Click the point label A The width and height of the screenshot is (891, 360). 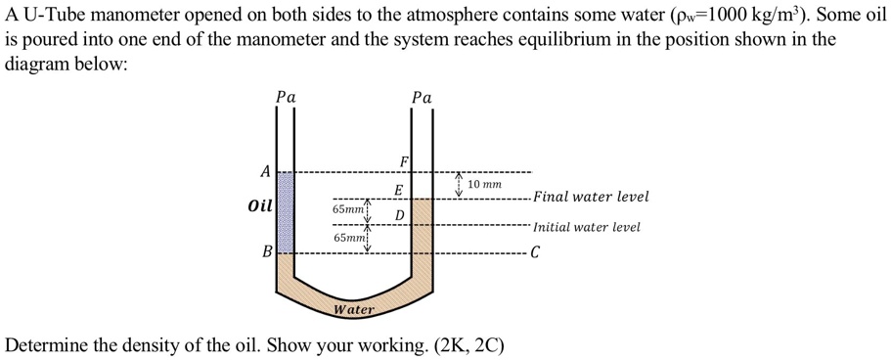264,171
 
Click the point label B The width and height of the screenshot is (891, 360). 265,251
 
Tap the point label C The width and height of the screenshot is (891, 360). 536,255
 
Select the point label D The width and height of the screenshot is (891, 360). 400,214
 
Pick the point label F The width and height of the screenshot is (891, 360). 403,161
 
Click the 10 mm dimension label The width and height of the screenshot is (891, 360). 484,184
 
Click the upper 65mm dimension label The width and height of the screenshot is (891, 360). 348,209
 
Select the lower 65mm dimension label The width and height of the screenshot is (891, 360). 348,238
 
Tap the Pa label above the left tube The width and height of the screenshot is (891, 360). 286,97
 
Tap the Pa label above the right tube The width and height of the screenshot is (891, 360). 422,97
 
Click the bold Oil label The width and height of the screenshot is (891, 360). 260,207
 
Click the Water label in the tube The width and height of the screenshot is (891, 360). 354,309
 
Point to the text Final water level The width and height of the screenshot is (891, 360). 591,197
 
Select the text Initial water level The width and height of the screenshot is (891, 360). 587,227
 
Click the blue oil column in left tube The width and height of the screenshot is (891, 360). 286,211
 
